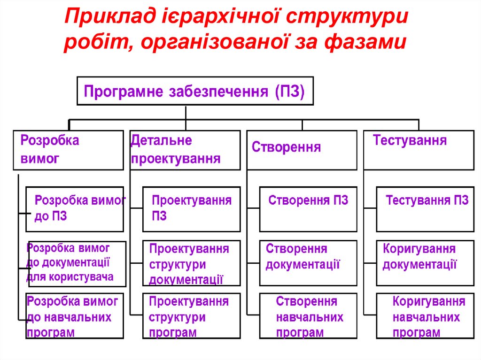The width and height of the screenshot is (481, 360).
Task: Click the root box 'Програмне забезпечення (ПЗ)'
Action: pyautogui.click(x=194, y=90)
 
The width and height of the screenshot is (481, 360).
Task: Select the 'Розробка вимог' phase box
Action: pyautogui.click(x=68, y=150)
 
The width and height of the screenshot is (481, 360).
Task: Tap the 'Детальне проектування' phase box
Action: pyautogui.click(x=185, y=150)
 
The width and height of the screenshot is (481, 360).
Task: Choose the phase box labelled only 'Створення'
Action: pyautogui.click(x=302, y=150)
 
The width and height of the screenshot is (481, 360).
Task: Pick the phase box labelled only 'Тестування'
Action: pyautogui.click(x=419, y=150)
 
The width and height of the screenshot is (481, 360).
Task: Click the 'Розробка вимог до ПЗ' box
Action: pyautogui.click(x=75, y=209)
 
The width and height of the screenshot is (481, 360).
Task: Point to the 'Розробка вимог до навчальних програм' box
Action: pyautogui.click(x=75, y=316)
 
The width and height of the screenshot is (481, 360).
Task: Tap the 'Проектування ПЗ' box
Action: pyautogui.click(x=191, y=209)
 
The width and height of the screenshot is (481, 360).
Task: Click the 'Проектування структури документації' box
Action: pyautogui.click(x=191, y=263)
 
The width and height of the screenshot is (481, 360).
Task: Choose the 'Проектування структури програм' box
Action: pyautogui.click(x=191, y=316)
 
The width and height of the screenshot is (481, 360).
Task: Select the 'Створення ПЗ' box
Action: pyautogui.click(x=308, y=209)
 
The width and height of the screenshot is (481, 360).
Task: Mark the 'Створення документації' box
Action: pyautogui.click(x=308, y=263)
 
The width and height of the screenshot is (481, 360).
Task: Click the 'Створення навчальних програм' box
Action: pyautogui.click(x=308, y=316)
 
